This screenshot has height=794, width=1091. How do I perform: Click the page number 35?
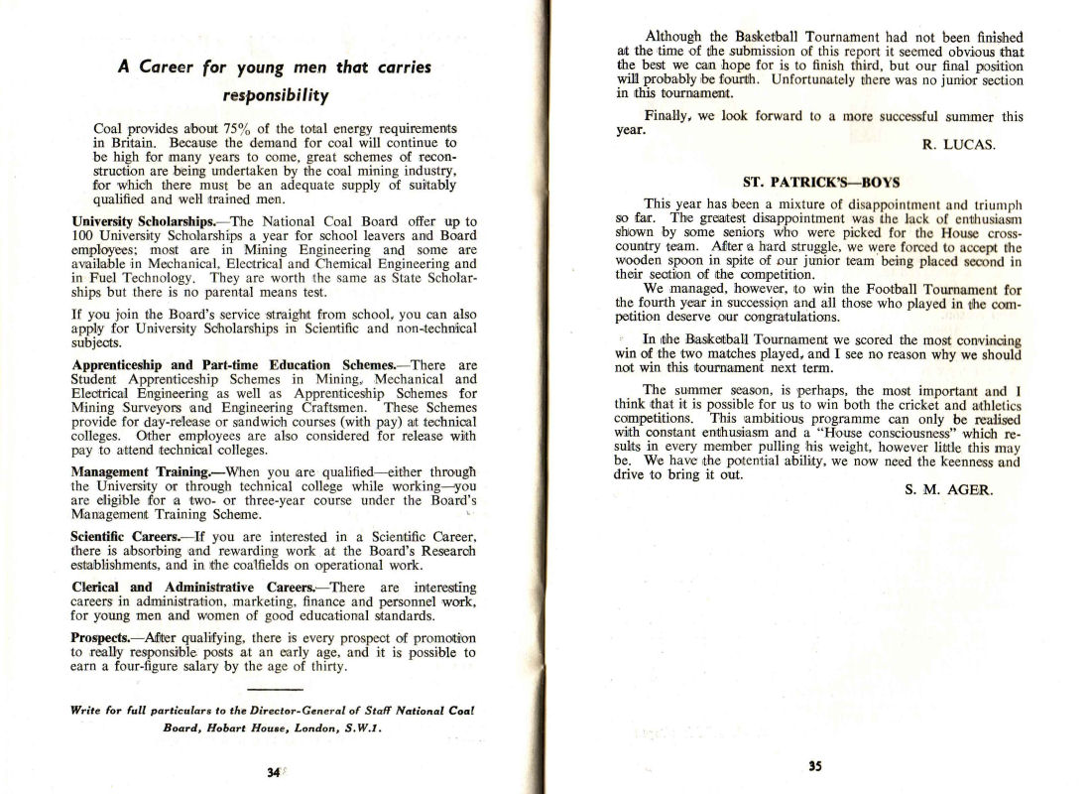(814, 766)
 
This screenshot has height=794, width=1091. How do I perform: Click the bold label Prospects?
(107, 637)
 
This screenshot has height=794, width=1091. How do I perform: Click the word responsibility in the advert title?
(274, 96)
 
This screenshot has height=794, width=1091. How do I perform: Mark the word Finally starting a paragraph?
(668, 115)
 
